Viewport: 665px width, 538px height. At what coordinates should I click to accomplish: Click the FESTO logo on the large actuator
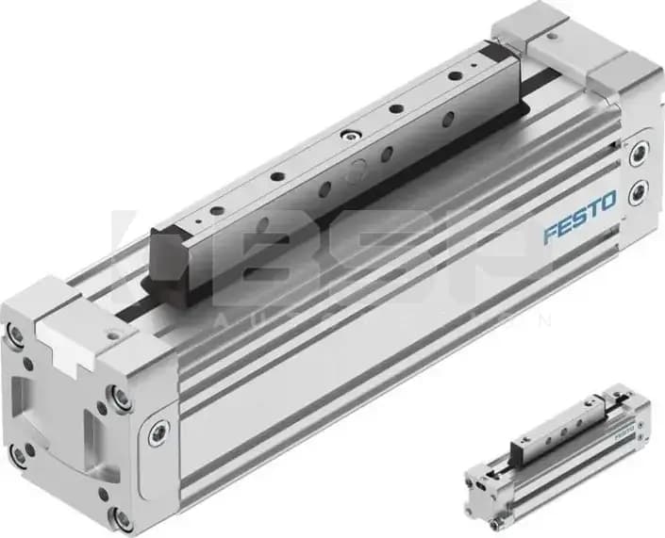tap(579, 218)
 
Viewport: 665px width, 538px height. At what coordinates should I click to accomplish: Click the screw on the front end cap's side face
tap(158, 433)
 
